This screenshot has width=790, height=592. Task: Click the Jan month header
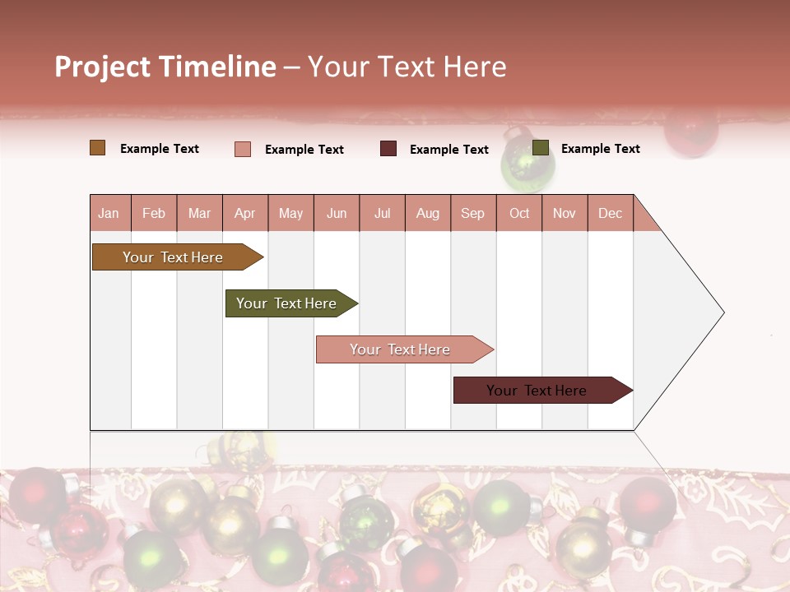coord(109,213)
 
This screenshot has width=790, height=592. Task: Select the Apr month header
coord(245,213)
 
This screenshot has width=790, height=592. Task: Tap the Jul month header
coord(383,213)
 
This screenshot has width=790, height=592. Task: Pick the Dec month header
coord(610,213)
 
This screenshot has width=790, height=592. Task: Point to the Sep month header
coord(473,213)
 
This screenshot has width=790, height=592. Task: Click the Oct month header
coord(519,213)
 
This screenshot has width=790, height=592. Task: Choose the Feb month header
coord(154,213)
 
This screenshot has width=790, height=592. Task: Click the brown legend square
coord(98,148)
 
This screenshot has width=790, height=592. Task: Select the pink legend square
coord(243,149)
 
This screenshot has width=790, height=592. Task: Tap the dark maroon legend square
coord(388,149)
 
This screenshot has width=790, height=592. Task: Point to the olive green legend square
coord(541,148)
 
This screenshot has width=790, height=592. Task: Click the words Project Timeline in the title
coord(165,67)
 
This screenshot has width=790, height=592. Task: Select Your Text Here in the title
coord(407,67)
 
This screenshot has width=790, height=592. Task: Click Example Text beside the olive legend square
coord(600,149)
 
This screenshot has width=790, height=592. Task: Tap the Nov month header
coord(565,213)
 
